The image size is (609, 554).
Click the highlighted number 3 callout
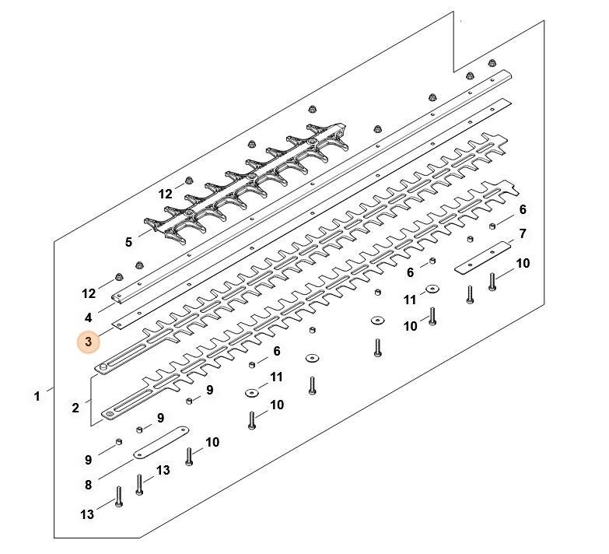pyautogui.click(x=89, y=342)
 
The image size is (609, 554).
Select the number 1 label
pyautogui.click(x=37, y=397)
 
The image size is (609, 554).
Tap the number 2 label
pyautogui.click(x=75, y=408)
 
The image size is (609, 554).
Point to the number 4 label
pyautogui.click(x=89, y=317)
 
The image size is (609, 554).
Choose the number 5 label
pyautogui.click(x=128, y=243)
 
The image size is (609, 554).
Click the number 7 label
pyautogui.click(x=523, y=233)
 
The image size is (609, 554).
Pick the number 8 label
pyautogui.click(x=89, y=485)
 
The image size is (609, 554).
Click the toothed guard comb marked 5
pyautogui.click(x=247, y=184)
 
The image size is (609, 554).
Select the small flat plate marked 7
pyautogui.click(x=483, y=258)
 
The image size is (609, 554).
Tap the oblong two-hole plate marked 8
pyautogui.click(x=161, y=442)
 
